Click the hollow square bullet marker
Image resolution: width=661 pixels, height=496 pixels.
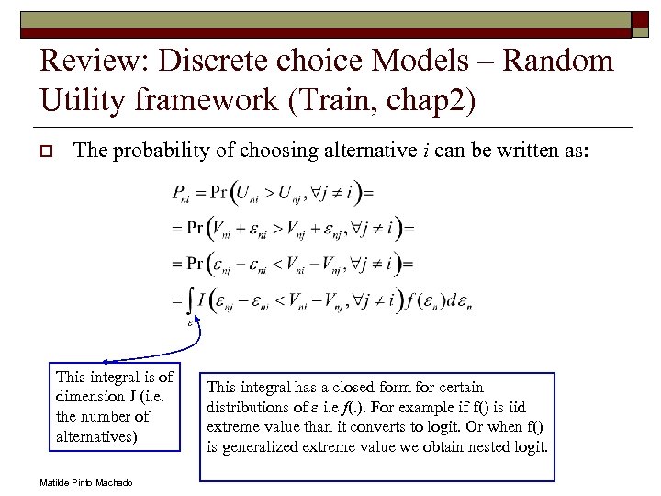point(45,151)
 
